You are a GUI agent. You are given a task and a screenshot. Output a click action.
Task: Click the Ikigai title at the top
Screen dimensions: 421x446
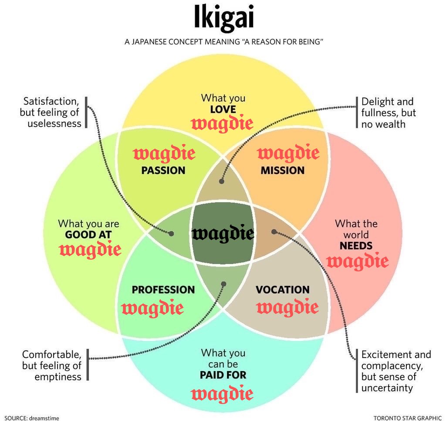[224, 20]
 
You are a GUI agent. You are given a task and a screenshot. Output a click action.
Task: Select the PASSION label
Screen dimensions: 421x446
[163, 170]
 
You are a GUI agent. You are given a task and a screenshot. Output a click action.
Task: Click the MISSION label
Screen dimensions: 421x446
[283, 170]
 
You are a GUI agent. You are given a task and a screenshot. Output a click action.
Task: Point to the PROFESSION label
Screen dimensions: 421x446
[163, 290]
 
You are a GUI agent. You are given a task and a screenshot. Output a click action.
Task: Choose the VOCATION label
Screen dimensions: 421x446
[283, 290]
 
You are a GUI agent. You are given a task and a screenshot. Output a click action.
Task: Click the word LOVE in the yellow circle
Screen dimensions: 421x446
[223, 109]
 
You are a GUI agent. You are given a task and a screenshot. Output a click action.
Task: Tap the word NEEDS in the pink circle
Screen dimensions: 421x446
[356, 246]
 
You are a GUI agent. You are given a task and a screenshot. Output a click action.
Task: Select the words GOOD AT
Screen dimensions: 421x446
[88, 235]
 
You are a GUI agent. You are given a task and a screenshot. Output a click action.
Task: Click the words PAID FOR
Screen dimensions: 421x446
[223, 374]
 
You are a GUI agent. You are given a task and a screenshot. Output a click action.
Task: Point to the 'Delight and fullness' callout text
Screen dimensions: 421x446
[388, 113]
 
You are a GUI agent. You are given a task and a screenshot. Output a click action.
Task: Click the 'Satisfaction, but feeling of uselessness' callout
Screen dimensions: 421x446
[51, 112]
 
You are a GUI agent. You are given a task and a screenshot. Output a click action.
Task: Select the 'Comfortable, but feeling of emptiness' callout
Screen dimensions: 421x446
[52, 365]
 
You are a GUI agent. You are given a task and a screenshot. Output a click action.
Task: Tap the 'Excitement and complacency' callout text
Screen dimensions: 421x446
[395, 371]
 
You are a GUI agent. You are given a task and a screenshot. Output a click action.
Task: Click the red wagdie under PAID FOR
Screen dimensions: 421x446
[222, 394]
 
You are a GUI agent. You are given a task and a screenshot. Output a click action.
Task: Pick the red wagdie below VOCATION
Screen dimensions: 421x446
[287, 308]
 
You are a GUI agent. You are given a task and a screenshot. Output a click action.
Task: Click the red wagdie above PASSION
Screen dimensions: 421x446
[164, 154]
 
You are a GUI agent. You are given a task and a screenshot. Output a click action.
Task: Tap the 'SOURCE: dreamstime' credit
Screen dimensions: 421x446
[31, 418]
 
